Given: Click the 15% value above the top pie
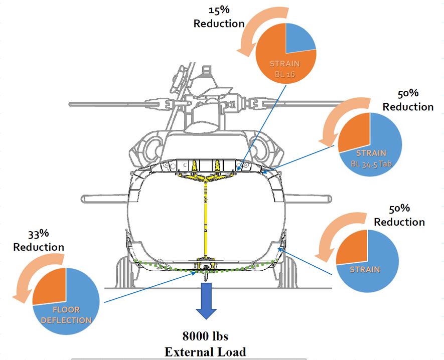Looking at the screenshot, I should (x=219, y=10).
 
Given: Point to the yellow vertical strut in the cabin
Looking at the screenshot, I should (x=206, y=221).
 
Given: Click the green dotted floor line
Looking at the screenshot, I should (x=166, y=264).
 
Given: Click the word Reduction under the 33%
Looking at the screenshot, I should (x=39, y=247).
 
